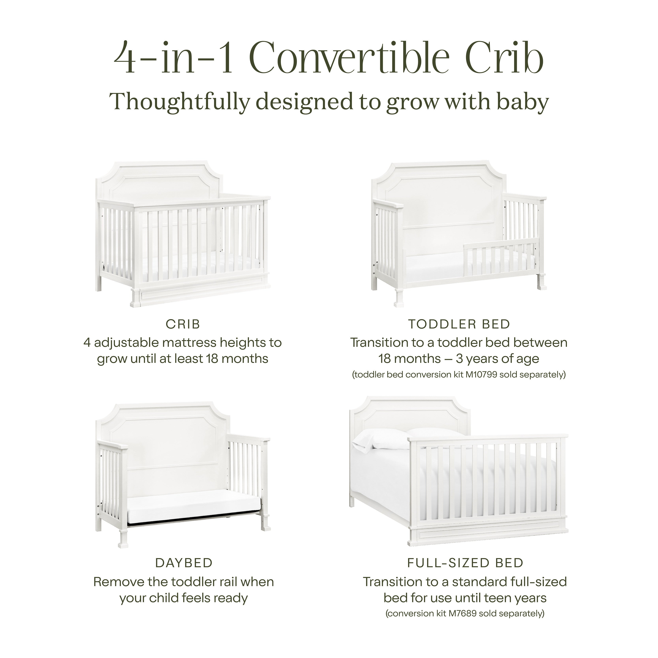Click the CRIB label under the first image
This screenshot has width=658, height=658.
[183, 324]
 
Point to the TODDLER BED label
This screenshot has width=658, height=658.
[459, 324]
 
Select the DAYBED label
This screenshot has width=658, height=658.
[184, 563]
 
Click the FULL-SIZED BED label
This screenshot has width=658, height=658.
[465, 563]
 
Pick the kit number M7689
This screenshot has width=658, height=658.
[462, 613]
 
